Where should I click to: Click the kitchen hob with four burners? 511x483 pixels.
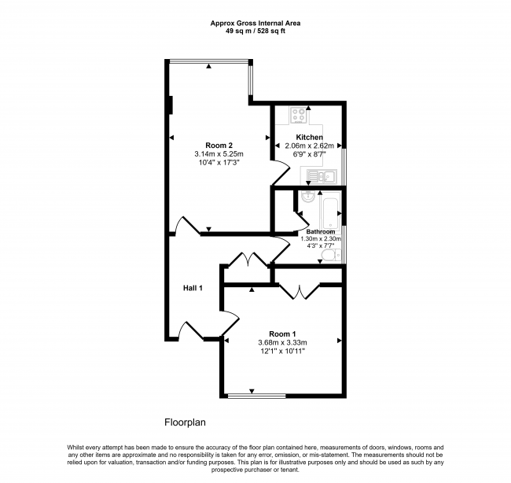coord(299,116)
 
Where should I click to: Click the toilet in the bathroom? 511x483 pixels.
coord(330,255)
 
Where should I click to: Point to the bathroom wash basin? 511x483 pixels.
coord(308,198)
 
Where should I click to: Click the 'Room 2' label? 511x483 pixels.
coord(219,145)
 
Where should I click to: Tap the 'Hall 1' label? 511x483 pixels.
coord(193,288)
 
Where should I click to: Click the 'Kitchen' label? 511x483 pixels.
coord(309,137)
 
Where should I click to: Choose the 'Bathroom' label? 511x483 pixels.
coord(321,232)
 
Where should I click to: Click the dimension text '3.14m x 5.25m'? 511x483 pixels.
coord(219,153)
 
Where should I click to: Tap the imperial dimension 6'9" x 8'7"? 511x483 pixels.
coord(309,155)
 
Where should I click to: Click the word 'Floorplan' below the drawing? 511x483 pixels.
coord(185,422)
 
